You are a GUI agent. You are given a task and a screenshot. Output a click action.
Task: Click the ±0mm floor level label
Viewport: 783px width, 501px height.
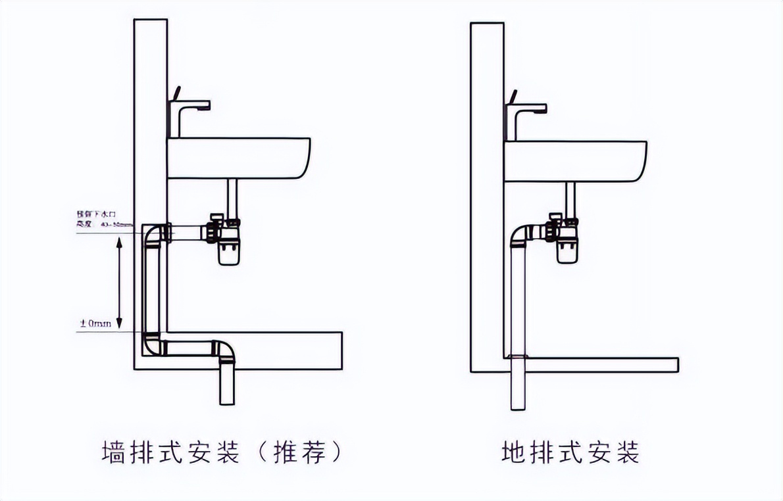(x=95, y=323)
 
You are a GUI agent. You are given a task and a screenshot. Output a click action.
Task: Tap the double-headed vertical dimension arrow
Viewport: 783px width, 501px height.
(x=119, y=283)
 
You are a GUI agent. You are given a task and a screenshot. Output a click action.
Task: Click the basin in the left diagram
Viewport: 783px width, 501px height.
(x=238, y=158)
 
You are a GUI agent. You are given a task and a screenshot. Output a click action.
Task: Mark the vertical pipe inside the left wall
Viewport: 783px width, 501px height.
(x=151, y=289)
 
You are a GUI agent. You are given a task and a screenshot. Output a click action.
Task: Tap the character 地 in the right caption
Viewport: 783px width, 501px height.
(x=513, y=452)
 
